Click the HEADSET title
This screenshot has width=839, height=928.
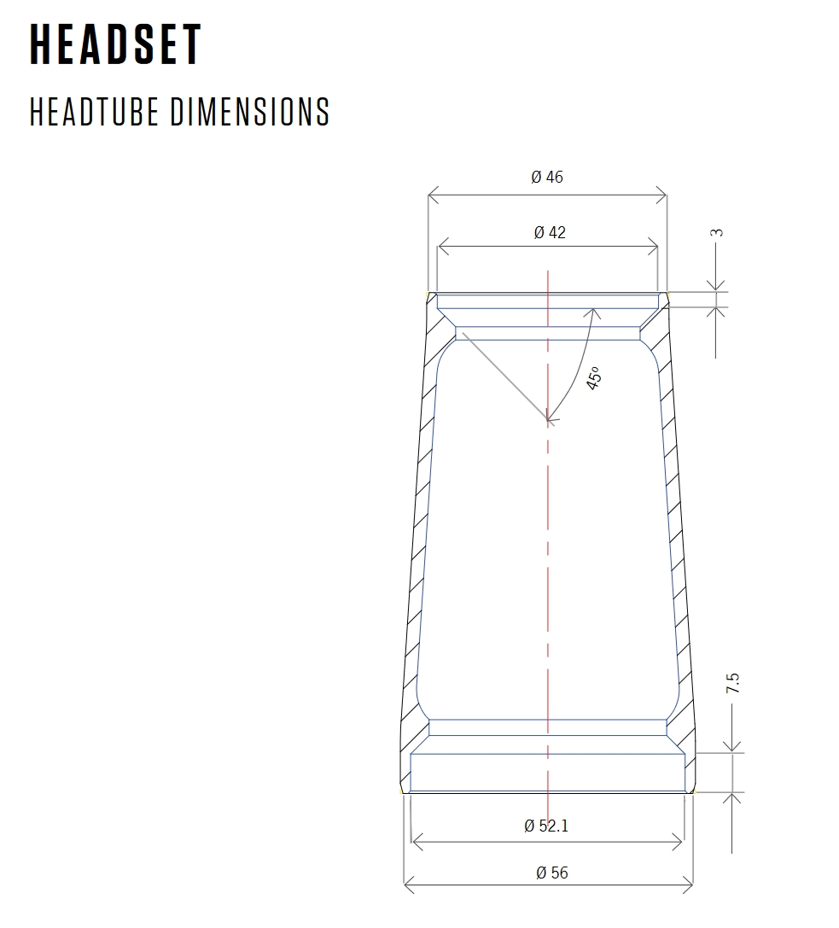point(116,44)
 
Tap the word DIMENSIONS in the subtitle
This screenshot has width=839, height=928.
point(250,111)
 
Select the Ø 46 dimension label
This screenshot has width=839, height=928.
point(547,177)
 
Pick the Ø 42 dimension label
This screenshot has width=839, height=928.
point(550,232)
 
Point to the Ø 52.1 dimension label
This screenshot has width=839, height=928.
point(546,826)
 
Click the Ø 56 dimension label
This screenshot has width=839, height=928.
point(552,873)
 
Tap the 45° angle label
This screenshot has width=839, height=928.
point(594,378)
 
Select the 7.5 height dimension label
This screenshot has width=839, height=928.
point(732,684)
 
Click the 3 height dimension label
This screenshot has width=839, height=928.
point(717,232)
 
